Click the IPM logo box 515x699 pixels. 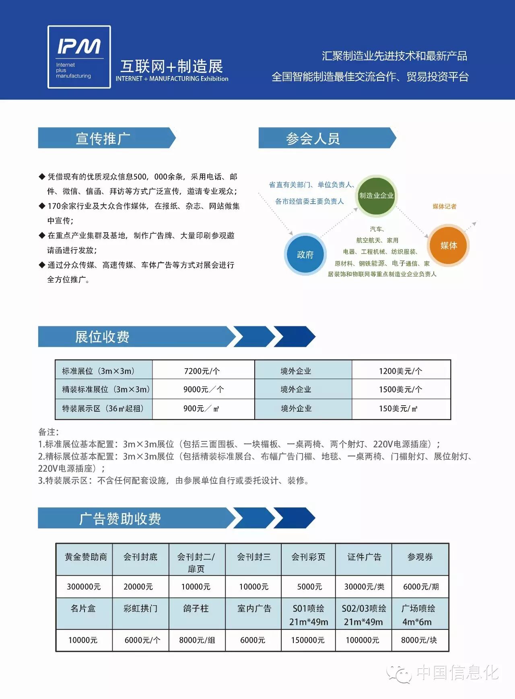pos(79,57)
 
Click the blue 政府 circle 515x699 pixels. pos(305,254)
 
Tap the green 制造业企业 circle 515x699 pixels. pos(376,196)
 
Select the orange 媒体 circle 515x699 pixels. pos(448,245)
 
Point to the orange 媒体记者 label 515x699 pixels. pos(444,206)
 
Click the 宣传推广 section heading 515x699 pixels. pos(103,138)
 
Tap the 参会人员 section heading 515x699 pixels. pos(313,138)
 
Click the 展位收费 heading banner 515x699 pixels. pos(102,337)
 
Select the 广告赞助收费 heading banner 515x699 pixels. pos(120,518)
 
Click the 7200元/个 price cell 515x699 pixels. pos(203,371)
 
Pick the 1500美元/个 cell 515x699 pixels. pos(401,390)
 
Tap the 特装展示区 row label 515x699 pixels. pos(103,408)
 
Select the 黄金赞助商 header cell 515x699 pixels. pos(85,557)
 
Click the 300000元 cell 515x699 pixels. pos(84,586)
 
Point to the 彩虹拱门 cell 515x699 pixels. pos(140,608)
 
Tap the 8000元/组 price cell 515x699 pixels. pos(197,640)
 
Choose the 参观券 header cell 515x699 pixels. pos(420,557)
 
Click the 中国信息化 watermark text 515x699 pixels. pos(457,672)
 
